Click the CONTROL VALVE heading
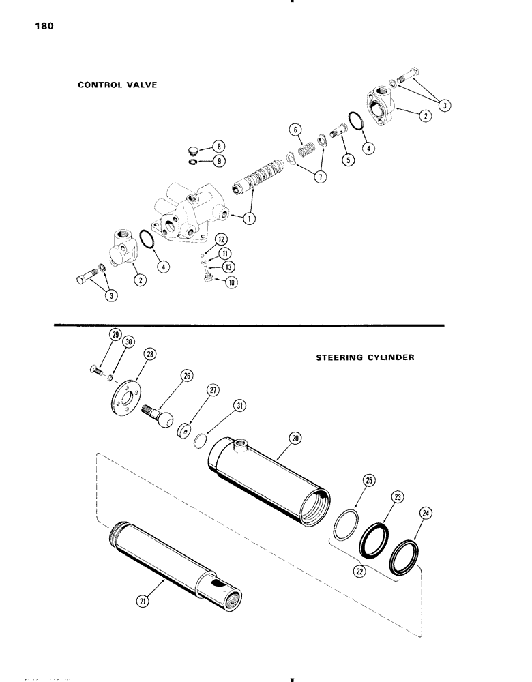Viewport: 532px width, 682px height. coord(118,86)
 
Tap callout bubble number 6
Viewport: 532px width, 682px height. coord(294,130)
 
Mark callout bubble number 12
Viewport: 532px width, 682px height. coord(220,239)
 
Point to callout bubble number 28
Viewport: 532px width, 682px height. coord(149,353)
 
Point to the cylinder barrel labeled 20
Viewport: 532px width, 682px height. coord(269,477)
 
